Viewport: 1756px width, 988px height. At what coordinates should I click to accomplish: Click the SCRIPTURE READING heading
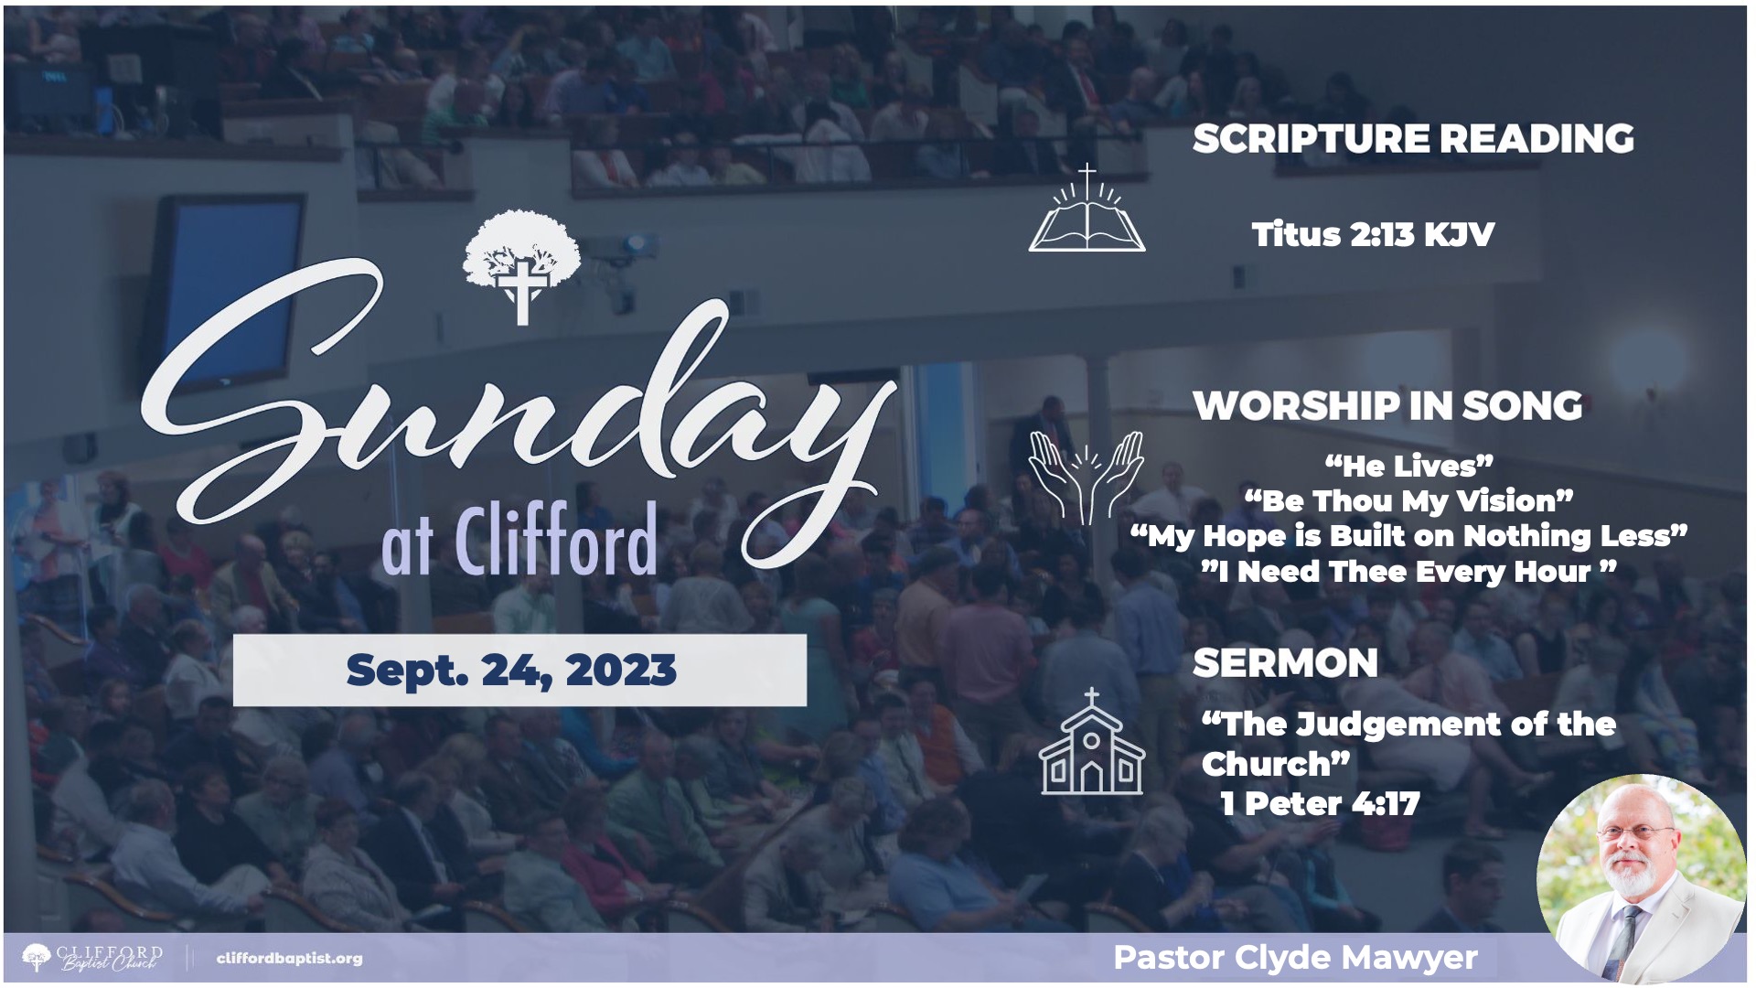point(1413,139)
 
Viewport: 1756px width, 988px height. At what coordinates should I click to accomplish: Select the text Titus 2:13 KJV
point(1373,234)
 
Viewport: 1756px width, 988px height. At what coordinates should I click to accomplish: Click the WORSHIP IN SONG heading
point(1387,406)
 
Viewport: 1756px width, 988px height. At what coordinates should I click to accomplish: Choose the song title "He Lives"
point(1408,466)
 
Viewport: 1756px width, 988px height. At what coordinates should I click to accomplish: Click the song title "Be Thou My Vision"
point(1408,500)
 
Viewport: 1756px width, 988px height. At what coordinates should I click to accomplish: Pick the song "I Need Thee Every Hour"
point(1408,572)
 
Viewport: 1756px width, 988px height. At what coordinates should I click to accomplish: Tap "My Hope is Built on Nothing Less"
point(1408,535)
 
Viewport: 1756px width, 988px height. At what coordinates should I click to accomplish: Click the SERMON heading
point(1285,663)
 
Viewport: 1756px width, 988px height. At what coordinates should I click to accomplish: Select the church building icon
point(1091,742)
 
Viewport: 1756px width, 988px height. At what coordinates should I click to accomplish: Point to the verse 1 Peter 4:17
point(1320,804)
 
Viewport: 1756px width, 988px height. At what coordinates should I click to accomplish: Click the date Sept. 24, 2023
point(511,670)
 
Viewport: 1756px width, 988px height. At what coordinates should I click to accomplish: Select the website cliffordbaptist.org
point(290,959)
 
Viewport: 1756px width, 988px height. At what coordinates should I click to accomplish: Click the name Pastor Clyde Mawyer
point(1295,958)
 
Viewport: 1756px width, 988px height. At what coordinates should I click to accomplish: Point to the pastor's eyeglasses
point(1637,832)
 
